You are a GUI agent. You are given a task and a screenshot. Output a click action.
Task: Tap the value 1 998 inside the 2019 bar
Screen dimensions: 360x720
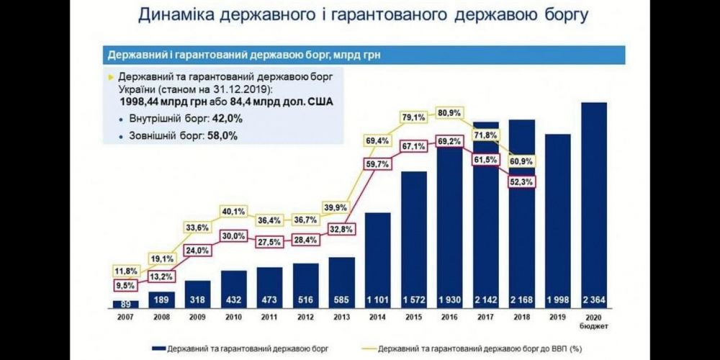click(x=559, y=299)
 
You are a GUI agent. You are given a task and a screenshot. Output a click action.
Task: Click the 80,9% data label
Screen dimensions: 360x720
click(x=449, y=113)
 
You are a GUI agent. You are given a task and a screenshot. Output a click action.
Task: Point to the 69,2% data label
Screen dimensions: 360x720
click(x=449, y=142)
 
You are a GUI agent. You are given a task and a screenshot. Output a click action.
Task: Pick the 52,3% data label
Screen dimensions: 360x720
click(x=521, y=182)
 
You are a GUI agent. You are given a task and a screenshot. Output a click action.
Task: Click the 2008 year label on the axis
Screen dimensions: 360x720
click(x=161, y=316)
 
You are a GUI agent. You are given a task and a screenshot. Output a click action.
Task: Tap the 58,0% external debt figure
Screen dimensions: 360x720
click(x=222, y=135)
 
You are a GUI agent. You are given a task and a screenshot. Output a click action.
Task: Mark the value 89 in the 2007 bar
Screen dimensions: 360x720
click(x=126, y=303)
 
